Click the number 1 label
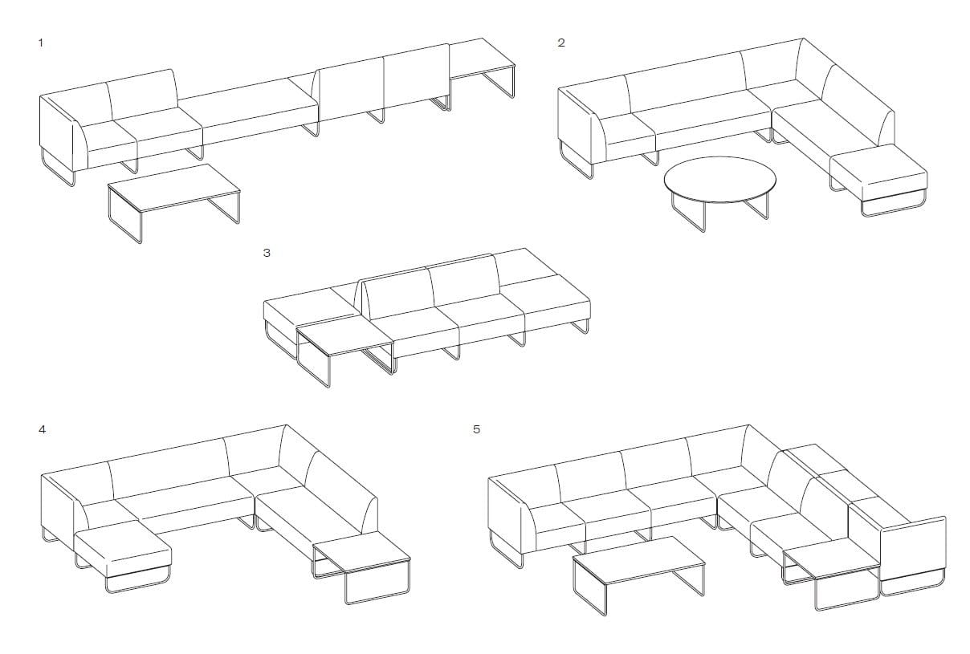coord(41,43)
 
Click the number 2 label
coord(561,43)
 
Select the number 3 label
coord(267,252)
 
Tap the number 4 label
coord(42,429)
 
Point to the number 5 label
coord(476,429)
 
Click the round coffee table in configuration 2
coord(719,177)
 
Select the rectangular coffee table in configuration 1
coord(174,188)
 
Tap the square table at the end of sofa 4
coord(361,551)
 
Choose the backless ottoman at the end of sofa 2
coord(878,172)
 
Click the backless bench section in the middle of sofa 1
coord(249,112)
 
